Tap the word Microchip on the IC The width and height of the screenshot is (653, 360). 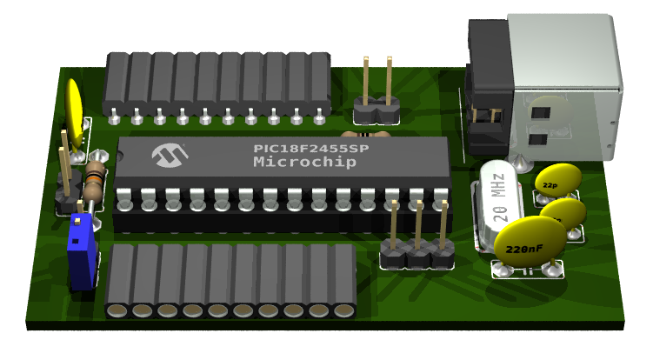pos(304,163)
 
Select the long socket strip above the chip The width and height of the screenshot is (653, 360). pos(217,83)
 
